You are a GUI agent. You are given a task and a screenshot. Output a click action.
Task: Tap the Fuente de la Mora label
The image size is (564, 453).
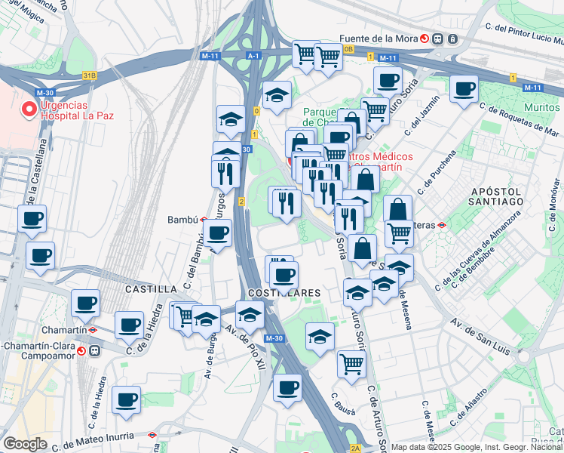(379, 39)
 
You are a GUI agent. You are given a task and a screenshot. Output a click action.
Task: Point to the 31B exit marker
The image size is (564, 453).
(90, 75)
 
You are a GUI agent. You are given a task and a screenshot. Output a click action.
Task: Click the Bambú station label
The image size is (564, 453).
(182, 220)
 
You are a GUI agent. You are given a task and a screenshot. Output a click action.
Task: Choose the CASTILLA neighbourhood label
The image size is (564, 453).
(151, 289)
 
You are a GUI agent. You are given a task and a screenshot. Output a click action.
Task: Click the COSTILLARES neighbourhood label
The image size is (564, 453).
(284, 292)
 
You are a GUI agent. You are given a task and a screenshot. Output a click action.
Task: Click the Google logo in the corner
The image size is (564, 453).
(25, 443)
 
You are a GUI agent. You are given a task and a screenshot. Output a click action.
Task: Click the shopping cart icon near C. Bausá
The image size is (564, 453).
(351, 363)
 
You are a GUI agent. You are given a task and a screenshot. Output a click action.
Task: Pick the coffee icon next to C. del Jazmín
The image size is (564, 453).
(464, 88)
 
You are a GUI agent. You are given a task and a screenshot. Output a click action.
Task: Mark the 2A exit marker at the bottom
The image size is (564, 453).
(355, 448)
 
